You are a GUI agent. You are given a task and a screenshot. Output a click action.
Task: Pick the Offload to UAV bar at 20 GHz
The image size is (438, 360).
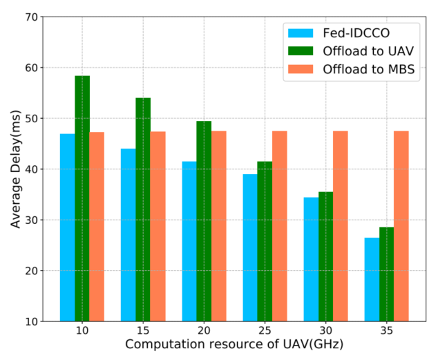tap(204, 221)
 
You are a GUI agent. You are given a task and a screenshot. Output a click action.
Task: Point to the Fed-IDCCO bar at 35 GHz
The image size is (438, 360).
tap(371, 279)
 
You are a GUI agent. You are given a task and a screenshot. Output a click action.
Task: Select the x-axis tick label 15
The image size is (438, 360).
tap(143, 332)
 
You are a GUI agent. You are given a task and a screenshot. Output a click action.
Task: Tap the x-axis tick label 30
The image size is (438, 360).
tap(325, 332)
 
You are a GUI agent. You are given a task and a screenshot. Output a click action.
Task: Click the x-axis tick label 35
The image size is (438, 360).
tap(386, 332)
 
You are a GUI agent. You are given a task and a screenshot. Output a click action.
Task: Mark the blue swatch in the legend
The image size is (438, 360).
tap(298, 33)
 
